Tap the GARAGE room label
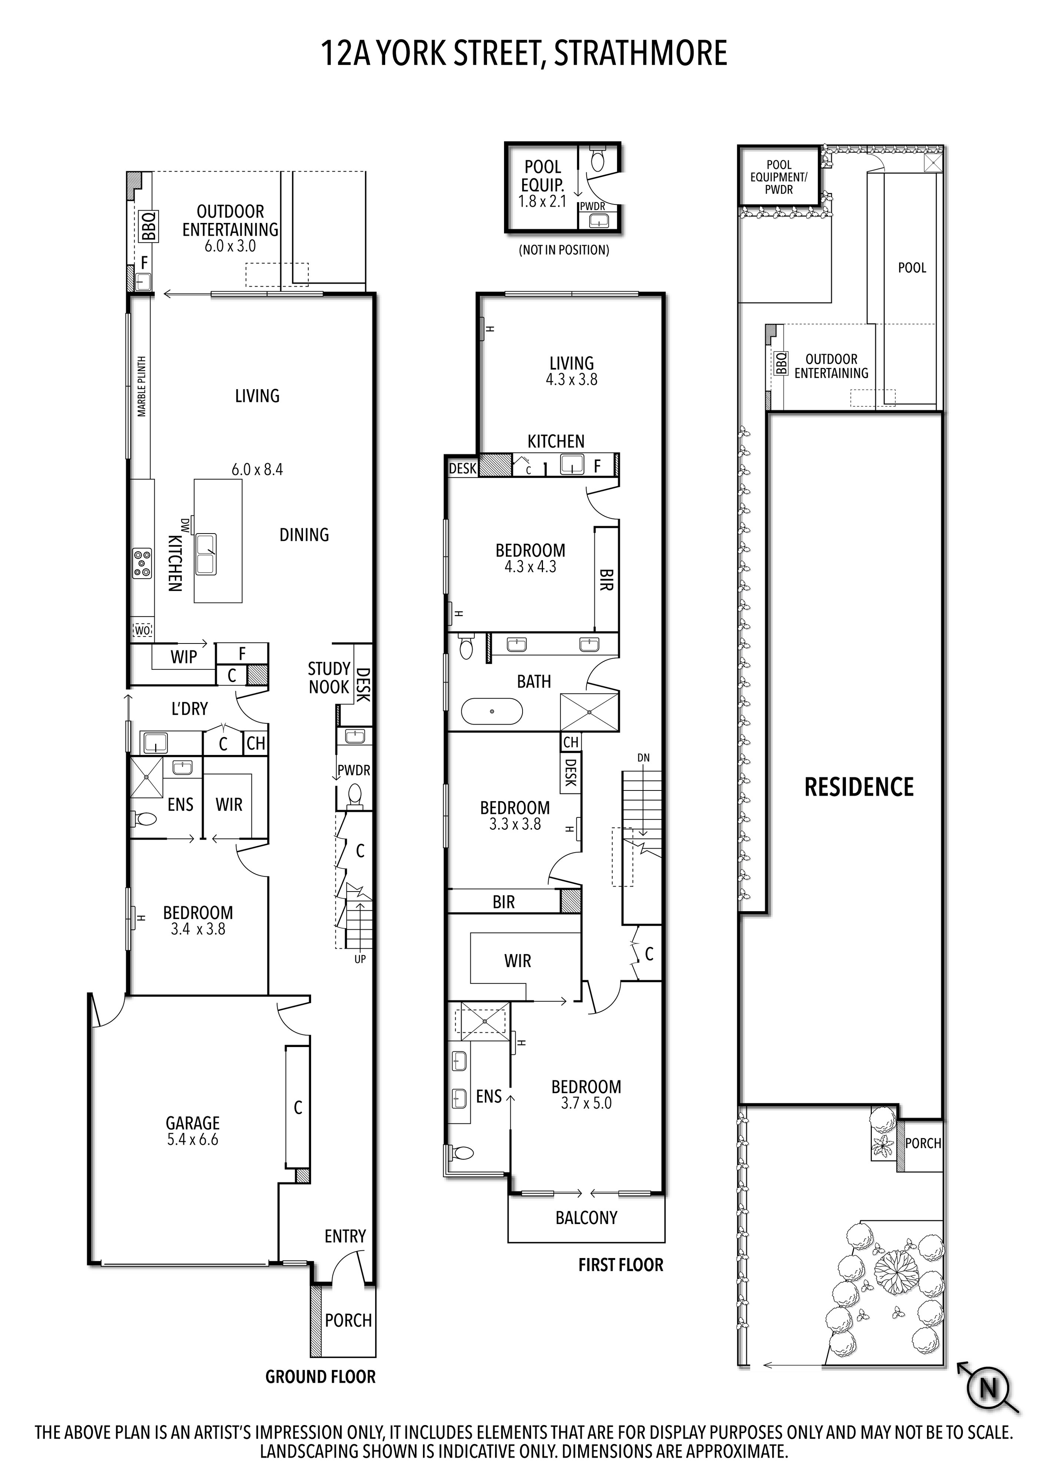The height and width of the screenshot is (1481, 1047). [193, 1123]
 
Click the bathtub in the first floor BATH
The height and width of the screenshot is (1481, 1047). [492, 711]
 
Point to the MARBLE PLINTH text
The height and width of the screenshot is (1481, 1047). [142, 387]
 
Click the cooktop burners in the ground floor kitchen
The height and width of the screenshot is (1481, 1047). [142, 562]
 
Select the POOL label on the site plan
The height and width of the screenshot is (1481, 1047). [912, 268]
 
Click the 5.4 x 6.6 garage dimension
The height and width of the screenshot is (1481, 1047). [193, 1140]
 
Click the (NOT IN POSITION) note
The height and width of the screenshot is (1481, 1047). [564, 250]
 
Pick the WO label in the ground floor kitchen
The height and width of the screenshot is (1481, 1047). [142, 630]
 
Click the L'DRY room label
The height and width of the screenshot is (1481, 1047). [189, 709]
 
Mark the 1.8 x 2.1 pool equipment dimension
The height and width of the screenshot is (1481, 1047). [543, 201]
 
